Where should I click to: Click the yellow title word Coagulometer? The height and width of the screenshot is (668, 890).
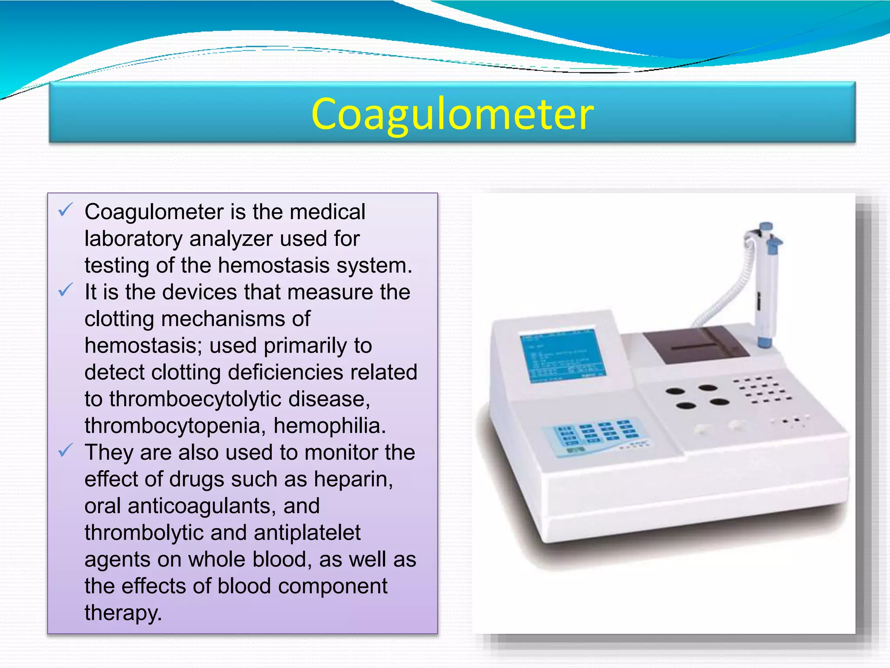coord(452,114)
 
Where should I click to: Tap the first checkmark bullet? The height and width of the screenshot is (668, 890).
coord(65,210)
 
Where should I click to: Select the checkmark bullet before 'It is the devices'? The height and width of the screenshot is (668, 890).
coord(65,290)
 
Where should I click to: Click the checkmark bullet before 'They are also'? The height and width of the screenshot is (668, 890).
coord(65,451)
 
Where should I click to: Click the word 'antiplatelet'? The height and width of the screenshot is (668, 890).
coord(307,533)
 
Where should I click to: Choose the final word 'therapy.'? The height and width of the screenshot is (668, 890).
coord(123,613)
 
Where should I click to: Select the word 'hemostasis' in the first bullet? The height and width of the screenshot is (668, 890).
coord(273,265)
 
